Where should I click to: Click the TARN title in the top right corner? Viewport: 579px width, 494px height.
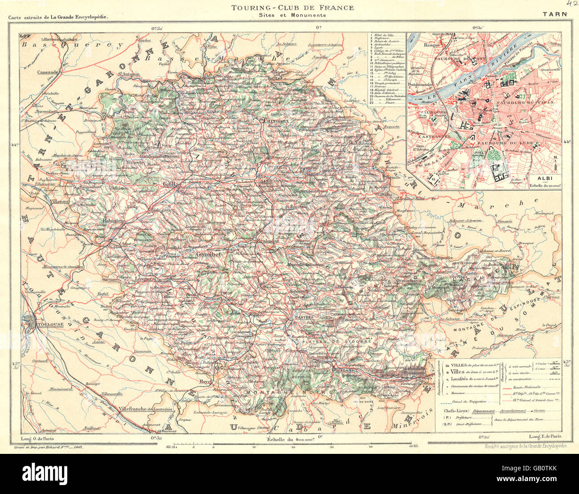(555, 14)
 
